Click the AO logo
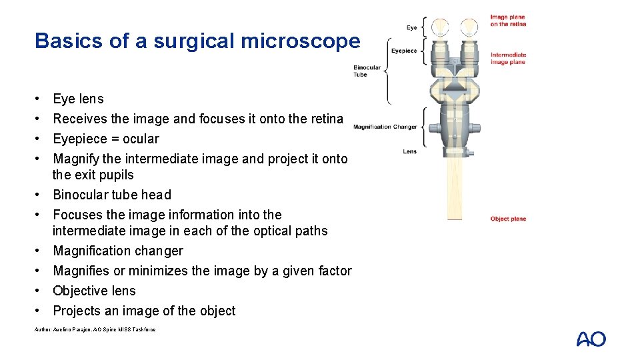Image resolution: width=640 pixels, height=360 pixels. coord(591,339)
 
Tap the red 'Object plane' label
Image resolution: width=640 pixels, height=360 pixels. coord(508,219)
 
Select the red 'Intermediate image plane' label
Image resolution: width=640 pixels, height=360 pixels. coord(508,59)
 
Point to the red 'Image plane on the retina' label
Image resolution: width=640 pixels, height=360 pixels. coord(508,21)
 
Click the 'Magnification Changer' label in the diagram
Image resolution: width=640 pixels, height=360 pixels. coord(385,127)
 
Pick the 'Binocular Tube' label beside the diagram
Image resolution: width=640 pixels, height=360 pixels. coord(367,71)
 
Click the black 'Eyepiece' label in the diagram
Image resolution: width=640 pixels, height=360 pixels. coord(404,51)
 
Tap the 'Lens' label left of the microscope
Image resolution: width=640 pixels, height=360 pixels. coord(410,151)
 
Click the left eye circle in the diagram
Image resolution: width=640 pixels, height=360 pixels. coord(440,27)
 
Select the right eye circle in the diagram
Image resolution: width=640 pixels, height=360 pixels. coord(470,27)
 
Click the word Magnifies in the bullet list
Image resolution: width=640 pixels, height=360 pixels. coord(81,271)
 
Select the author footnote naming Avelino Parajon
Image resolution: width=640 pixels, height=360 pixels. coord(95,329)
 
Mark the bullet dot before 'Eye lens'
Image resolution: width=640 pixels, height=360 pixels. coord(39,99)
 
